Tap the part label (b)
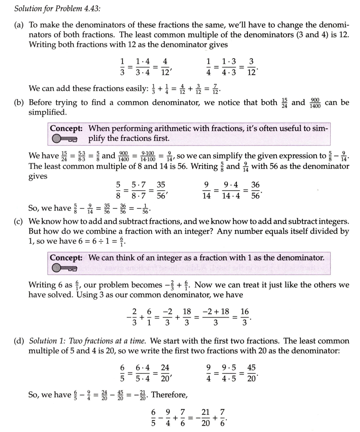click(19, 102)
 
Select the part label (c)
click(19, 221)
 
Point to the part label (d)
click(19, 341)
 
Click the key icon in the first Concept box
click(64, 139)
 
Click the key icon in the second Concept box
click(64, 268)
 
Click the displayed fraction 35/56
click(161, 191)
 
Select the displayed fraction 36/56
click(255, 191)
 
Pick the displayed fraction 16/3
click(244, 317)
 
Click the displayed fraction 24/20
click(165, 373)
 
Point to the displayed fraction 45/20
click(252, 373)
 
